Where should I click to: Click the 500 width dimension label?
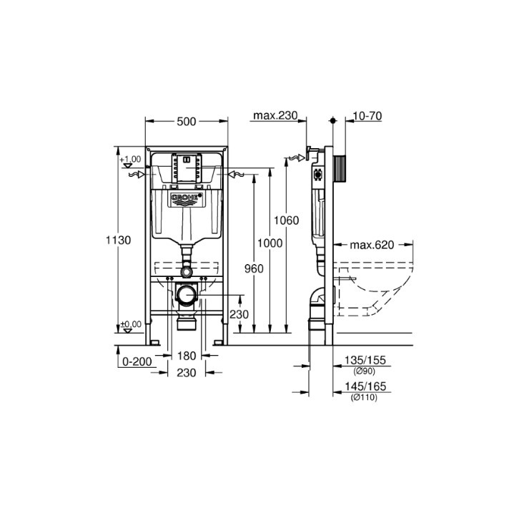187,121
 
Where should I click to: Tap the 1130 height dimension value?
118,240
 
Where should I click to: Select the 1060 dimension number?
286,220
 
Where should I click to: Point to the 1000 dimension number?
270,243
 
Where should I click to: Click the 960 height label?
254,268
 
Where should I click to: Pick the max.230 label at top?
275,115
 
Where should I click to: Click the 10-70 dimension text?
367,116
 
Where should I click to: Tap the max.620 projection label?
372,245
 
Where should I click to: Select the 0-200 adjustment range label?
137,361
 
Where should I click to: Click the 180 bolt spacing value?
187,356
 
